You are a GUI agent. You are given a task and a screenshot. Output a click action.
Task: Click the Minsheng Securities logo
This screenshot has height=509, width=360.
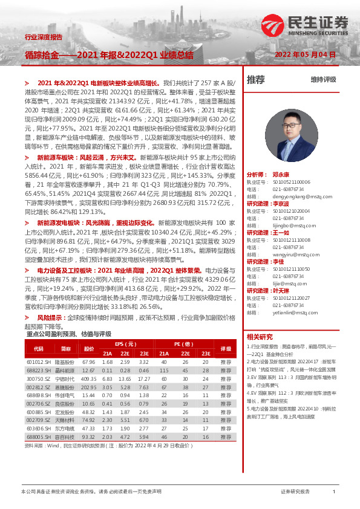pos(306,24)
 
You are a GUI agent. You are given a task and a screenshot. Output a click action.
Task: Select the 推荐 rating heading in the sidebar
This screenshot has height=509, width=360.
pos(256,79)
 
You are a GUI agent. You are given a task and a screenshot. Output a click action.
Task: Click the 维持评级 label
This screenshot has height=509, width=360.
pos(323,79)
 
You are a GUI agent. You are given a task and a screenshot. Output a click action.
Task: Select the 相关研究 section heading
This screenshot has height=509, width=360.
pos(260,337)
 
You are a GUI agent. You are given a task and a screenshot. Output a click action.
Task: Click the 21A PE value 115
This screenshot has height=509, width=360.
pos(163,371)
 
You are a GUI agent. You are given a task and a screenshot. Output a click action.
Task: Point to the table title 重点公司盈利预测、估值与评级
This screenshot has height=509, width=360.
pos(70,334)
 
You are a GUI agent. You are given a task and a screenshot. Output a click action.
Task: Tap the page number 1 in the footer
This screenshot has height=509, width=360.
pos(334,492)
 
